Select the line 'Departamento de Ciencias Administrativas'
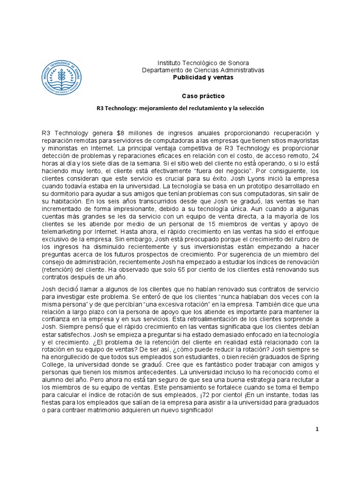203,70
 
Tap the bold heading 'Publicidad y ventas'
203,77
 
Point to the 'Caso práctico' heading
203,96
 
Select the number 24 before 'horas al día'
315,156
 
